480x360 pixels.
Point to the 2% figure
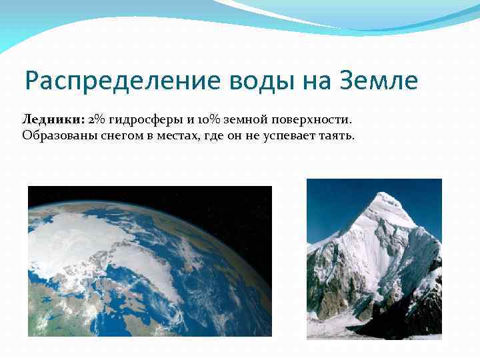(97, 119)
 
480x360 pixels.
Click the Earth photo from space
(150, 261)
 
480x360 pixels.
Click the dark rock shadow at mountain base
(400, 320)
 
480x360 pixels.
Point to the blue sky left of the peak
(333, 207)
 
